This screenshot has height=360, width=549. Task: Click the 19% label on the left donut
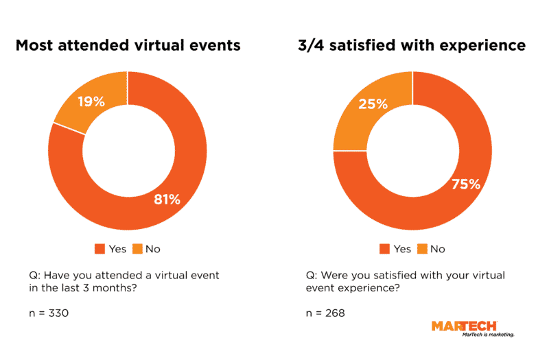tap(91, 102)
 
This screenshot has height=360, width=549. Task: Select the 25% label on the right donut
tap(373, 104)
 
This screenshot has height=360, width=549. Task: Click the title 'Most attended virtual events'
tap(128, 45)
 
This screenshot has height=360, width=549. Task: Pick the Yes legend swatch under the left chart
tap(100, 249)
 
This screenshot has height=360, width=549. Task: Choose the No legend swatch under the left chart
tap(137, 249)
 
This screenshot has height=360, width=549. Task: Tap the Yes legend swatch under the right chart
tap(384, 249)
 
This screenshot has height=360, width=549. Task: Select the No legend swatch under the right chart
tap(422, 249)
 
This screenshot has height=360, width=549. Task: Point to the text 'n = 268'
tap(325, 313)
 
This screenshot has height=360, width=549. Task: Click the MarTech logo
tap(464, 326)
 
